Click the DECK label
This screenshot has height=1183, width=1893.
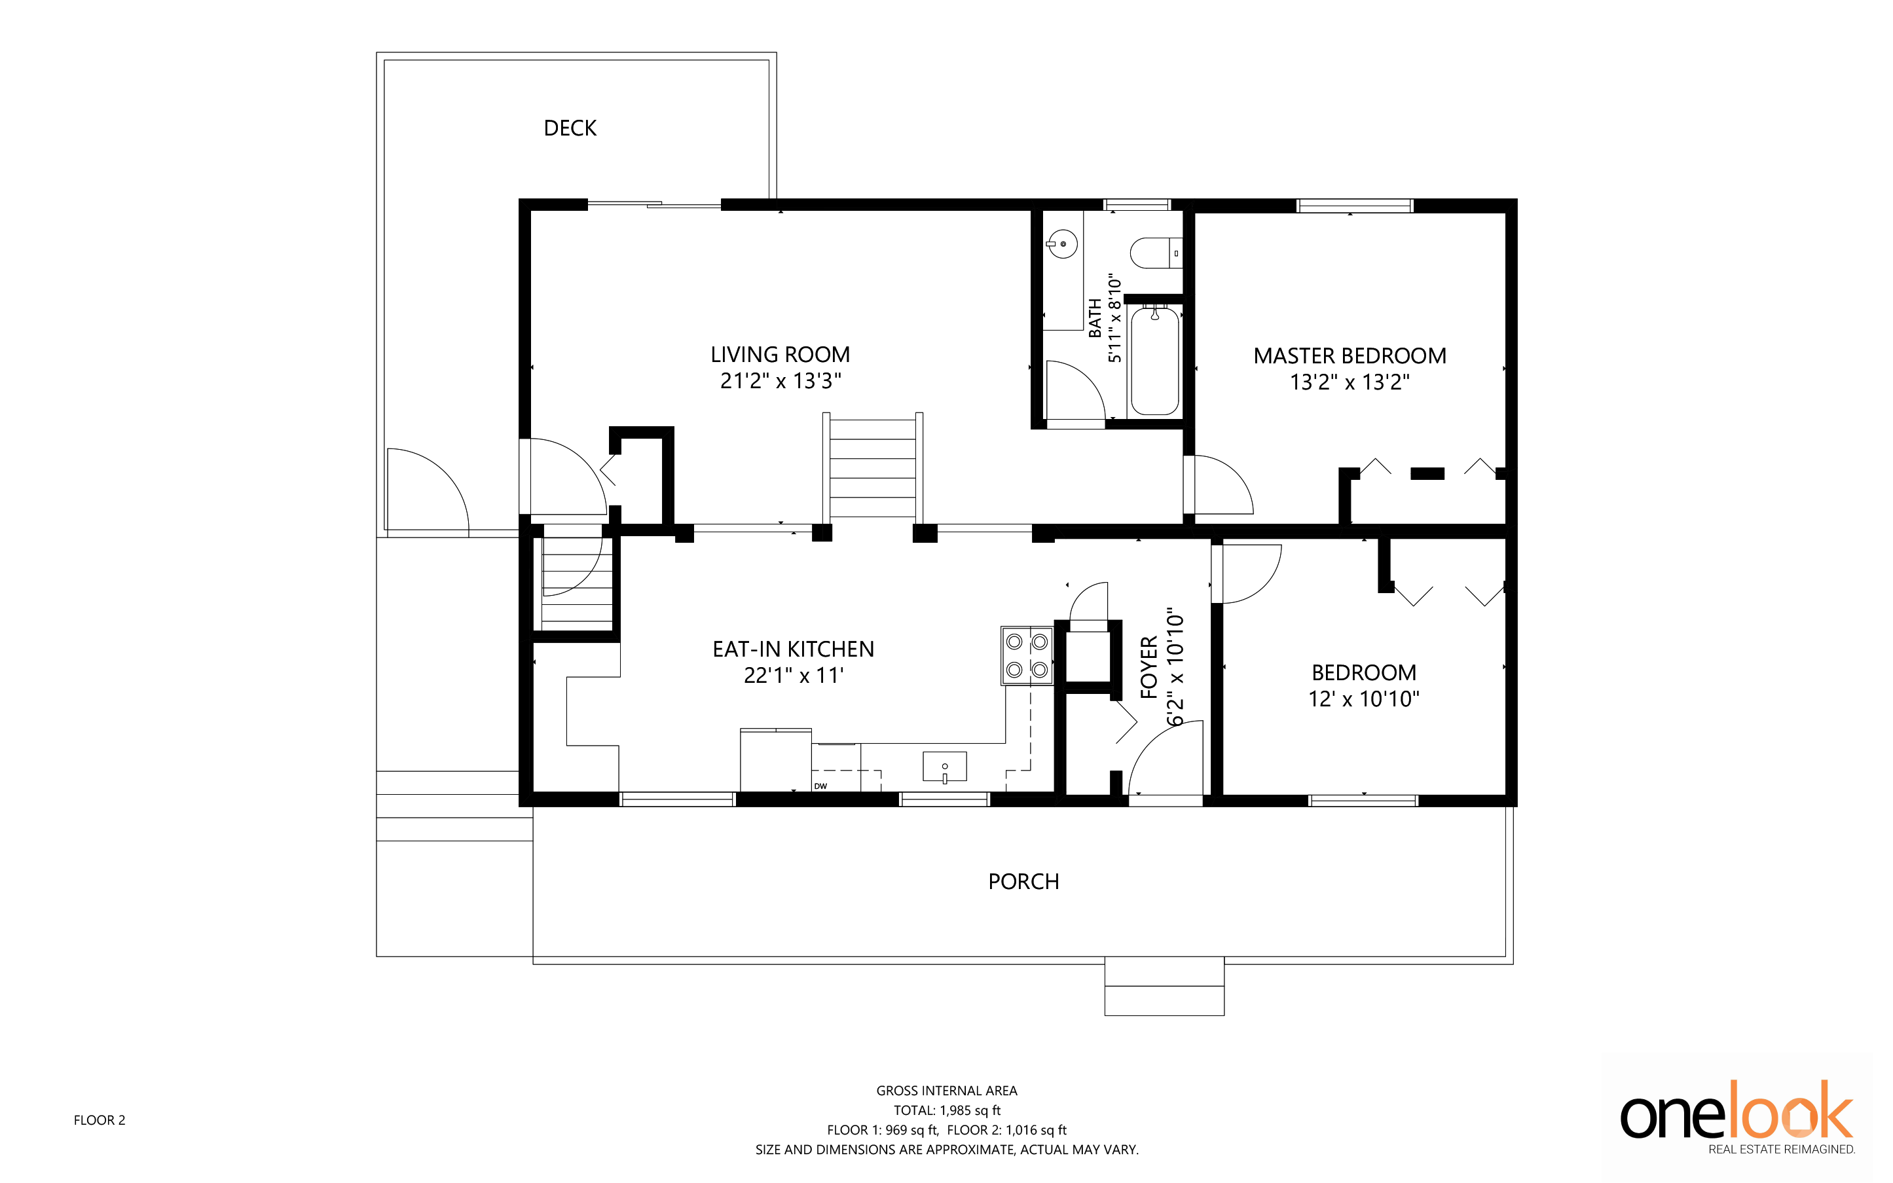(570, 128)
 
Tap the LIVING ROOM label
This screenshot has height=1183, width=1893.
(781, 354)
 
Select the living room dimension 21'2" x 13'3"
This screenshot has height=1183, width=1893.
(781, 381)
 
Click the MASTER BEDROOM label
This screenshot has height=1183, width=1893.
(1350, 356)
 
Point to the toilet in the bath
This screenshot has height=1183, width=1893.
(1156, 253)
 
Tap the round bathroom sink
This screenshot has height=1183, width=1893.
(1062, 244)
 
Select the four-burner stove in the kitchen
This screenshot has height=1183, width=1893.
(1027, 655)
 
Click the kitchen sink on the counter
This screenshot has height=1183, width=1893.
(945, 767)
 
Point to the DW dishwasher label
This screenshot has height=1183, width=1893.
(820, 786)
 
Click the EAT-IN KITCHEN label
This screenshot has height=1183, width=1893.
(793, 649)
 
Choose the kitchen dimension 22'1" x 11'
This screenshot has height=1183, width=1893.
(793, 675)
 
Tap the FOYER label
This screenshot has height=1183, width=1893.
(1149, 667)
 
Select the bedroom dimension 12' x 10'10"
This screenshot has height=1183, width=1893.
(1364, 699)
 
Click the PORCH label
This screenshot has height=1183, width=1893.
(1023, 882)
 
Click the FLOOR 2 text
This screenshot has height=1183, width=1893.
(100, 1120)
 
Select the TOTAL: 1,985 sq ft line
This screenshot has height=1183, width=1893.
(947, 1110)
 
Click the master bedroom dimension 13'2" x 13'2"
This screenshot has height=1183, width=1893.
(1350, 382)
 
